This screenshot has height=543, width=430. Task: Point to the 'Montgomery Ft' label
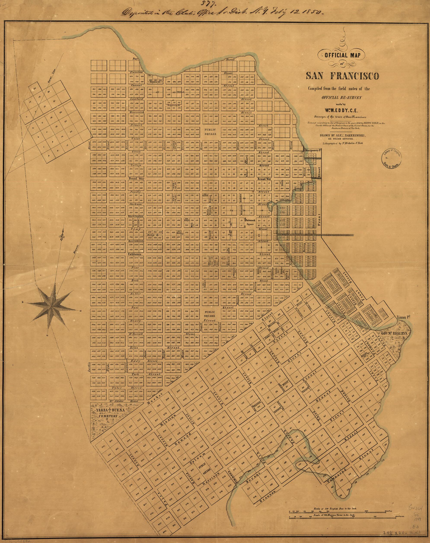click(x=314, y=150)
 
